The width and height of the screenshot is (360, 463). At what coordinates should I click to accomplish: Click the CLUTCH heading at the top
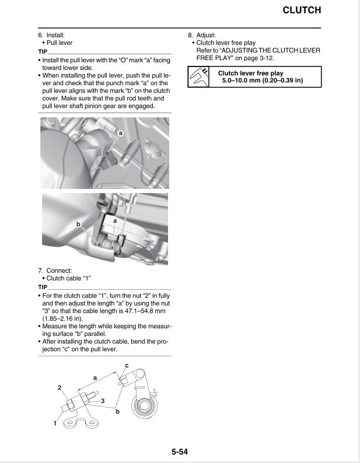pos(302,10)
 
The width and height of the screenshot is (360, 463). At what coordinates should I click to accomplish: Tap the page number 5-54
pos(180,451)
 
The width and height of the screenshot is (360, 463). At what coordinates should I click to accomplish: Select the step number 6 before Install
pos(40,35)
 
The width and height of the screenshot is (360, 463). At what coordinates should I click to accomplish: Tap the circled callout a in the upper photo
pos(121,134)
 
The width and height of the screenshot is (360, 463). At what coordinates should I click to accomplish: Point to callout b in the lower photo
pos(78,224)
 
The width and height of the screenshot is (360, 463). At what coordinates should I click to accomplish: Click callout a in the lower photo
pos(115,222)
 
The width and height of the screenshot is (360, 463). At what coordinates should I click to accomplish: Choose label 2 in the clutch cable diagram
pos(60,387)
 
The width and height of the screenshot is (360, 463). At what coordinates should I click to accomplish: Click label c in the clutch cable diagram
pos(127,365)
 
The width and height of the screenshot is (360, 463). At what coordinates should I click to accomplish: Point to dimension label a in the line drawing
pos(95,378)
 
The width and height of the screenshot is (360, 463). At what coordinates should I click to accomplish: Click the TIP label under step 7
pos(43,287)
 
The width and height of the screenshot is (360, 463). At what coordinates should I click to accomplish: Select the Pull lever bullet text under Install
pos(59,43)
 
